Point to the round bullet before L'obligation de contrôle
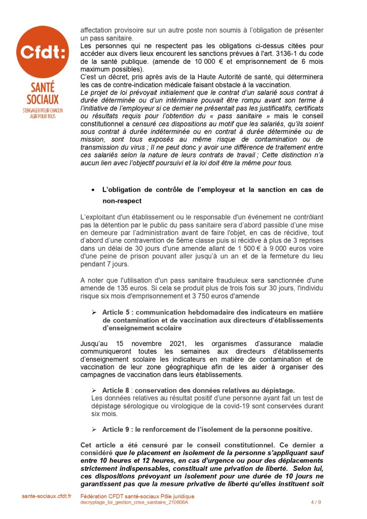click(92, 190)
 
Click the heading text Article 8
click(116, 390)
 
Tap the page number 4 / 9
click(315, 502)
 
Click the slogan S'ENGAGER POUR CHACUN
click(43, 110)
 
